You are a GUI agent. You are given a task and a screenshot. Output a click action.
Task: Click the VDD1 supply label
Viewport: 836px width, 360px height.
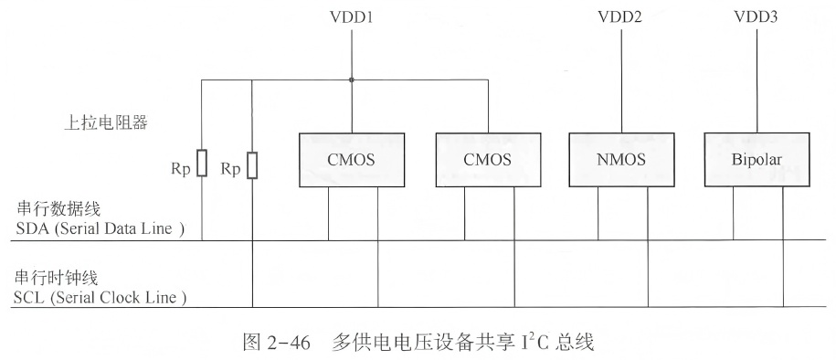[x=352, y=17]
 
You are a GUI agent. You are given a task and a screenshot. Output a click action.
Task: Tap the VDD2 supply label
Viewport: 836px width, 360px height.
[x=621, y=17]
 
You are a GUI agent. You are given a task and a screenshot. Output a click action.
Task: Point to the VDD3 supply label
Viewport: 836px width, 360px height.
[x=756, y=17]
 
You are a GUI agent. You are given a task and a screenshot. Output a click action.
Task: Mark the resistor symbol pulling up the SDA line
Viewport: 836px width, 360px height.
[x=201, y=164]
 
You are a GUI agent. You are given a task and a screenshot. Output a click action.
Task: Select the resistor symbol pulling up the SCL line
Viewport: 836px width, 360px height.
[x=252, y=164]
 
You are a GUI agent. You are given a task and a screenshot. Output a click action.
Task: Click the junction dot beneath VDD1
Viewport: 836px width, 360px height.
[x=352, y=79]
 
